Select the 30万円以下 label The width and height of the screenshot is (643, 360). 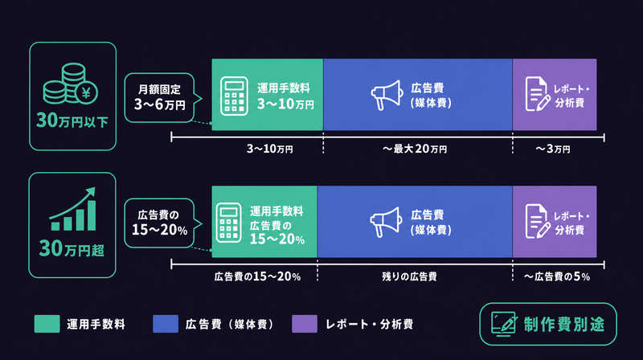(x=72, y=121)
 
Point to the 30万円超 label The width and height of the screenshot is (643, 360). (x=72, y=248)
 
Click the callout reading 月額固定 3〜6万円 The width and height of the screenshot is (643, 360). (x=159, y=97)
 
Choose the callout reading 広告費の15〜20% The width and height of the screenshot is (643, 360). (x=159, y=223)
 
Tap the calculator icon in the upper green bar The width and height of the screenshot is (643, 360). (x=234, y=96)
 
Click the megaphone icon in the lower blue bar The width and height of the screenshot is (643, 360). (x=386, y=222)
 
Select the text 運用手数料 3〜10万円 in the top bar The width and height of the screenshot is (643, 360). (x=285, y=96)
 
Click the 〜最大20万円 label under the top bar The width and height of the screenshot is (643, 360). (x=415, y=149)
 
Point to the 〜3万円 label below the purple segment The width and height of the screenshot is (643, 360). (x=552, y=149)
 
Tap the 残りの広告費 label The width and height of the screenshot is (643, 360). (x=409, y=276)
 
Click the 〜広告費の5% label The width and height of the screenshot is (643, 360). (x=556, y=276)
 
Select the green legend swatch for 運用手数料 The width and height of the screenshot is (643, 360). (x=47, y=324)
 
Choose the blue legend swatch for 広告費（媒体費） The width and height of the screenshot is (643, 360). (x=166, y=324)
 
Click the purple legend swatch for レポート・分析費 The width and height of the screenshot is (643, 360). (x=305, y=324)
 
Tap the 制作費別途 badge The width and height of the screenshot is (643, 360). (x=548, y=325)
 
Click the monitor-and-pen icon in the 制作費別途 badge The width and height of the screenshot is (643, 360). (x=504, y=325)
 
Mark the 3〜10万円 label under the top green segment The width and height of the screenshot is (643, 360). (x=269, y=149)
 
